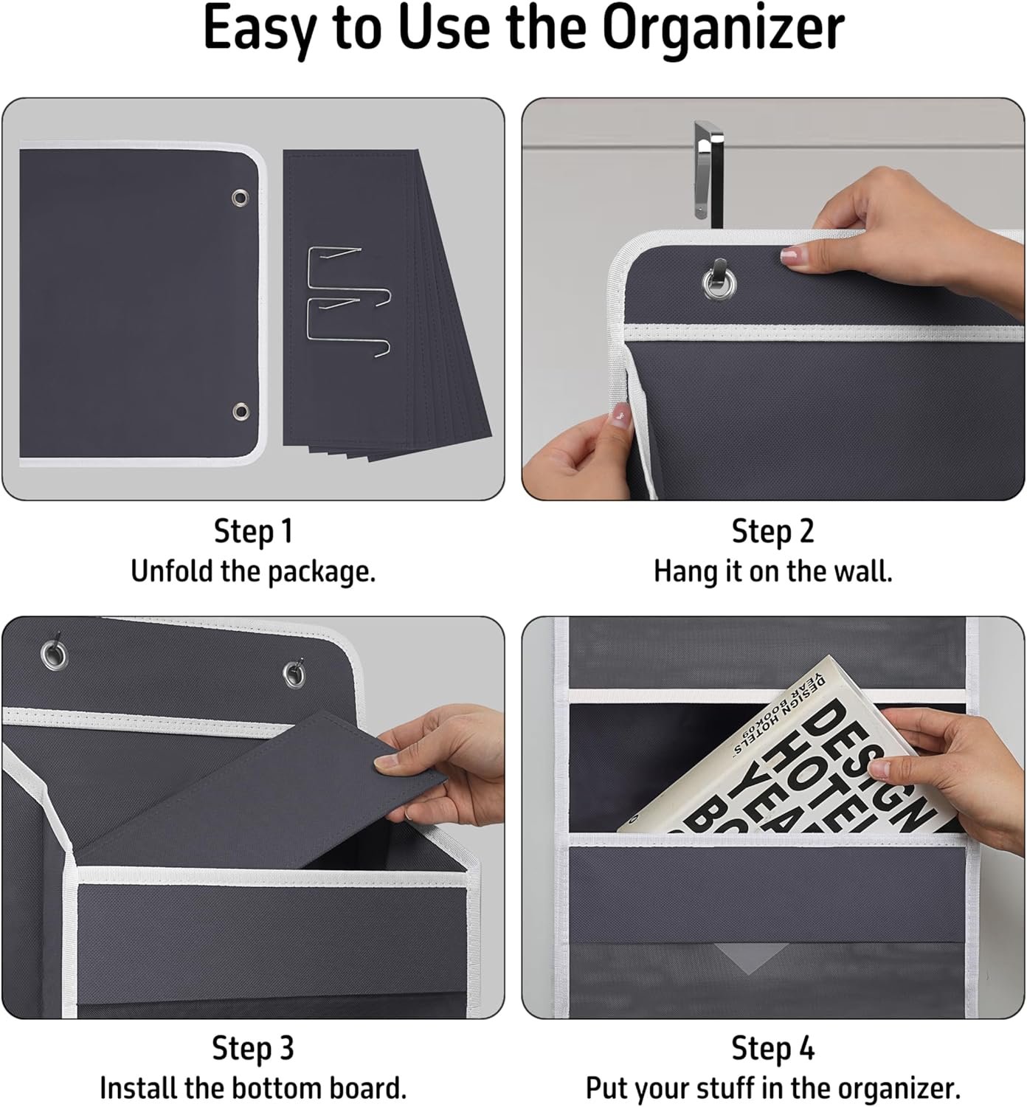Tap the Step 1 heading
pos(253,532)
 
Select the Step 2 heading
pos(773,532)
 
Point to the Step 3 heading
pos(253,1049)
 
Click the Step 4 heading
pos(773,1049)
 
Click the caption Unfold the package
pos(253,572)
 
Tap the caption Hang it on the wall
pos(773,572)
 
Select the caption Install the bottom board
pos(253,1088)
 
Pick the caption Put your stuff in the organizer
pos(773,1088)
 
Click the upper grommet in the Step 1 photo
pos(241,197)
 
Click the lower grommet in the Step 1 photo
pos(241,412)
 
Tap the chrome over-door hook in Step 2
pos(708,173)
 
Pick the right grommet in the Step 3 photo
pos(294,675)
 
